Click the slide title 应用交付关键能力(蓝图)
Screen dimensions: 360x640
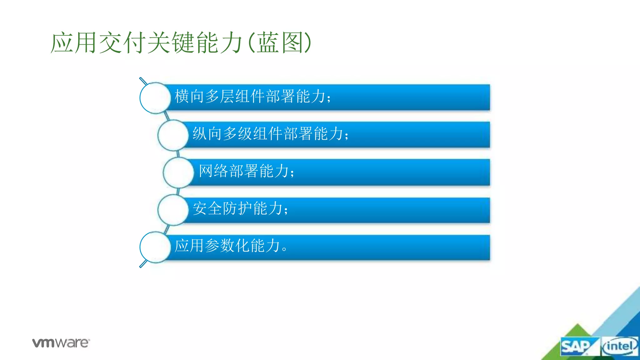(181, 43)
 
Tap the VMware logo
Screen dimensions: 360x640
(61, 343)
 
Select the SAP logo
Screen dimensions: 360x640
(576, 347)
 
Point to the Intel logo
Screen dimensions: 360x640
(620, 346)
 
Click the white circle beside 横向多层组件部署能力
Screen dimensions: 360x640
(155, 98)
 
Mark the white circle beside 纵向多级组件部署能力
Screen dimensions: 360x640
(173, 135)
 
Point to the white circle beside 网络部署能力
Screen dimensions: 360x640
(178, 172)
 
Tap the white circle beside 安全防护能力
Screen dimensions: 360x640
(173, 210)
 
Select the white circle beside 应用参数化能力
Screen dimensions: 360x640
(155, 247)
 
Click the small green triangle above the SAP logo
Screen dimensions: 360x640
(577, 331)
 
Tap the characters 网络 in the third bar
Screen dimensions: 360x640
(214, 171)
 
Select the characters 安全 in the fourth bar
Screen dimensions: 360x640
(207, 208)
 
